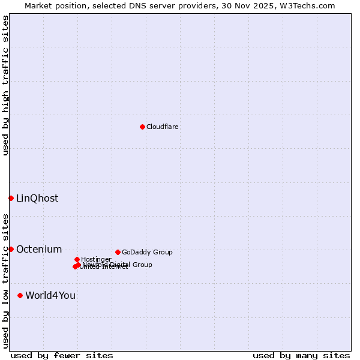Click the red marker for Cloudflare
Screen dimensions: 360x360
pyautogui.click(x=142, y=127)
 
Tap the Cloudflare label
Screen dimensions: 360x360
pyautogui.click(x=163, y=127)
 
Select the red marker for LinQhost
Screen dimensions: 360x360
pyautogui.click(x=11, y=198)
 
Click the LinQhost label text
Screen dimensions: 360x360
pyautogui.click(x=37, y=199)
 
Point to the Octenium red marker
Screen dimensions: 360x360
pyautogui.click(x=11, y=249)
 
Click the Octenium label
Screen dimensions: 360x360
pyautogui.click(x=39, y=250)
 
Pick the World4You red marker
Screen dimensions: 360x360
pyautogui.click(x=20, y=295)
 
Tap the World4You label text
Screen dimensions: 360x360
pyautogui.click(x=50, y=296)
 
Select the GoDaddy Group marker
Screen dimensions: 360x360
pyautogui.click(x=118, y=252)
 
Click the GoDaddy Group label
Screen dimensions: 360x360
pyautogui.click(x=147, y=253)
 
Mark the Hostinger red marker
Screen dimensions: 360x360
pyautogui.click(x=77, y=259)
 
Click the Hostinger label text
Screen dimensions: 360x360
pyautogui.click(x=97, y=259)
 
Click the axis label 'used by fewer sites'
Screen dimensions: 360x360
pyautogui.click(x=62, y=355)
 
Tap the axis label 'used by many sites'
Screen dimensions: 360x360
pyautogui.click(x=301, y=355)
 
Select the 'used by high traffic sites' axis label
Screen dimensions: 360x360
pyautogui.click(x=5, y=85)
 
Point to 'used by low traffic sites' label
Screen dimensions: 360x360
pyautogui.click(x=5, y=281)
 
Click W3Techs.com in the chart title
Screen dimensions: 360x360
pyautogui.click(x=311, y=5)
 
